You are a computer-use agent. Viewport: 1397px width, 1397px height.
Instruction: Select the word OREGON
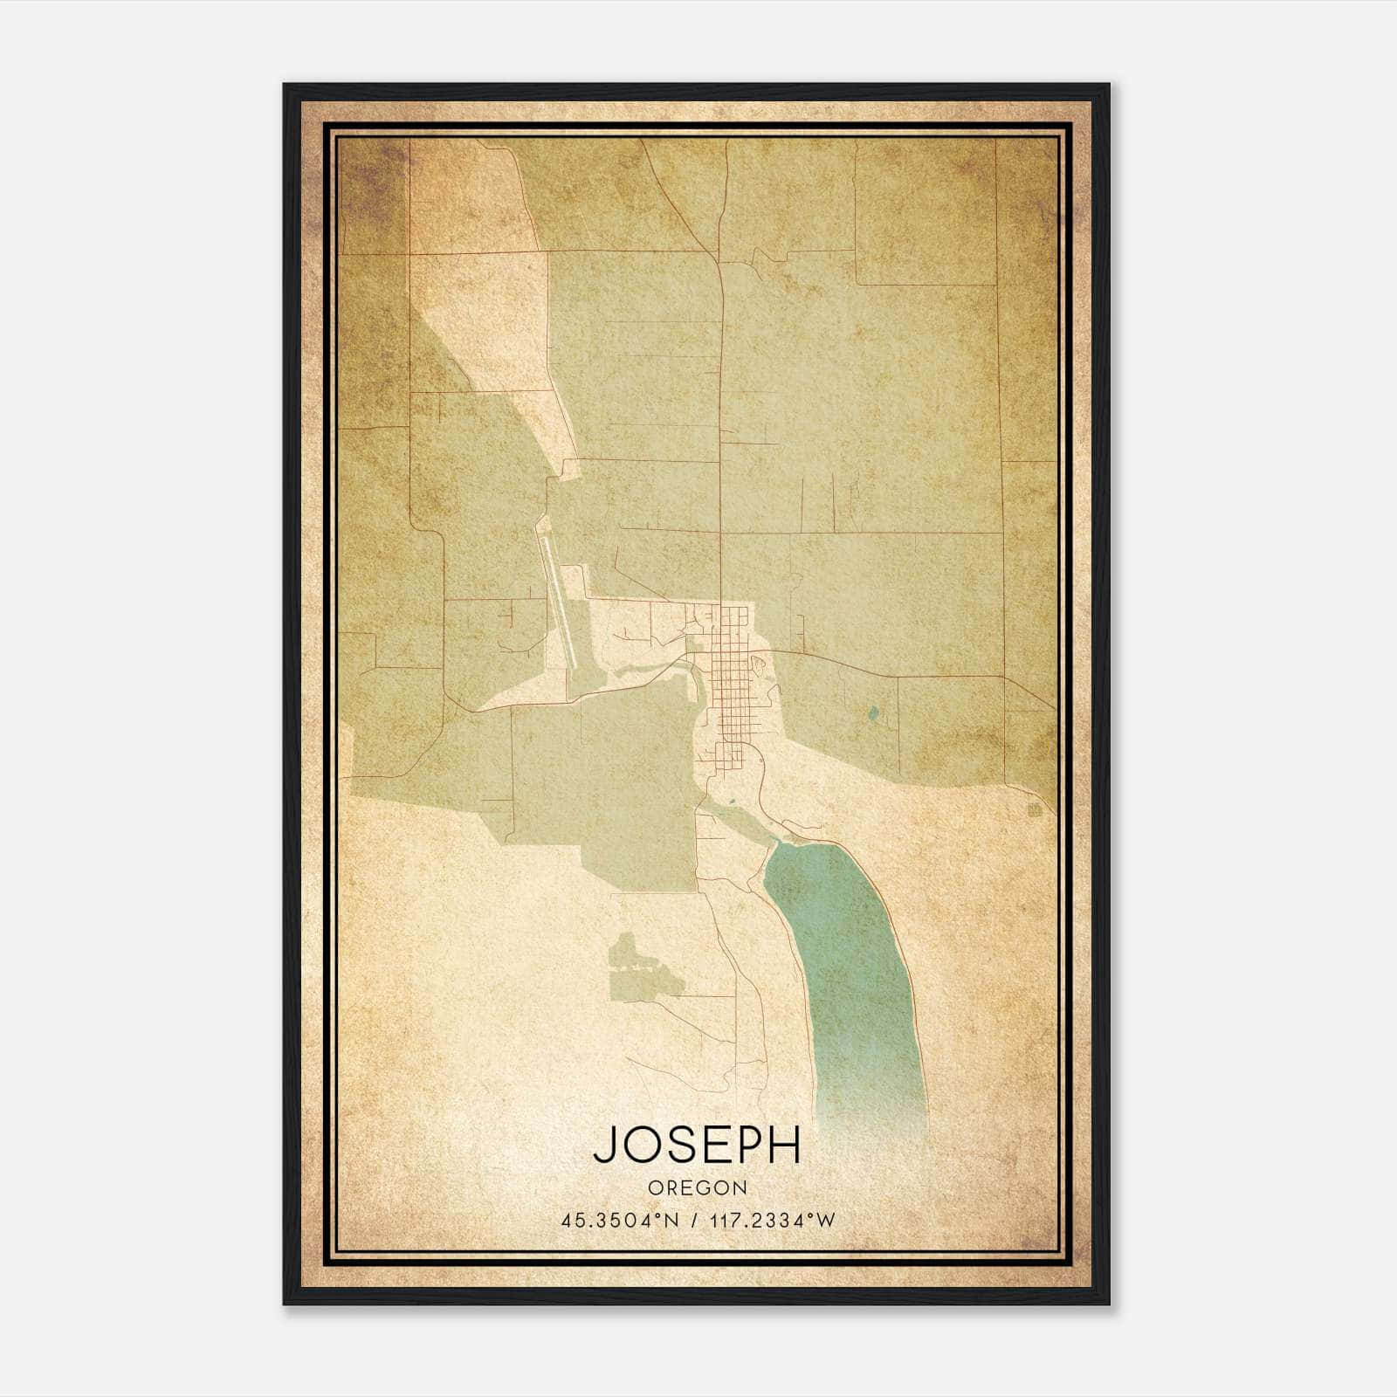click(x=698, y=1187)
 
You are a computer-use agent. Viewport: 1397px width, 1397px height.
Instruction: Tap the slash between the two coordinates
click(x=693, y=1221)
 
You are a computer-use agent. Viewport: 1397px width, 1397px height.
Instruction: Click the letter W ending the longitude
click(x=826, y=1221)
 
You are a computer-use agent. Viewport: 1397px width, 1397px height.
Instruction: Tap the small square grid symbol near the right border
click(x=1036, y=811)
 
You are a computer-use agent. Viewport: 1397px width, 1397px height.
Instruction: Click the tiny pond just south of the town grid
click(x=733, y=798)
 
